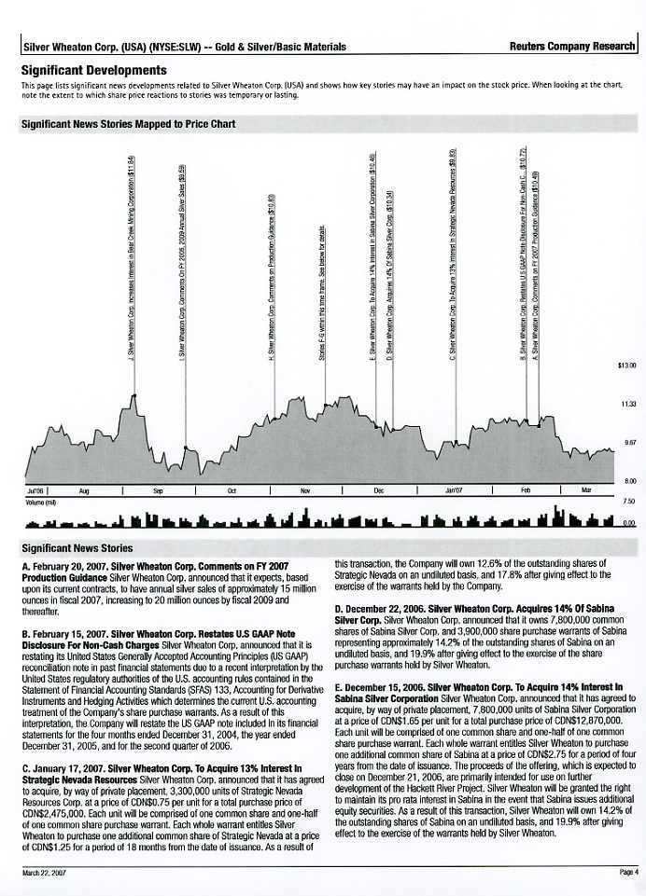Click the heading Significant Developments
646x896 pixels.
click(x=94, y=70)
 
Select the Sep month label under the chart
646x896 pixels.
click(x=158, y=489)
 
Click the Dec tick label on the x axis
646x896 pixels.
click(x=379, y=489)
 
